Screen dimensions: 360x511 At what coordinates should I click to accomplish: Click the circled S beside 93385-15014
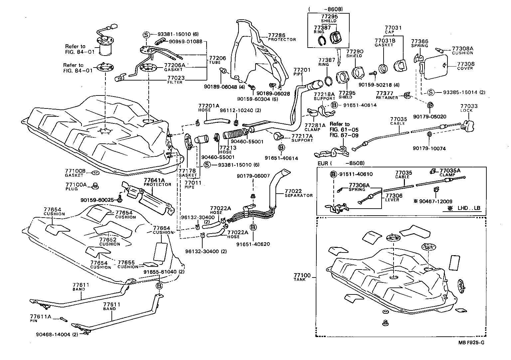[430, 92]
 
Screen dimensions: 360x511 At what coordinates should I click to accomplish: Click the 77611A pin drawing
[64, 319]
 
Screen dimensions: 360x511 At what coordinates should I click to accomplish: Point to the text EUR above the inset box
[323, 163]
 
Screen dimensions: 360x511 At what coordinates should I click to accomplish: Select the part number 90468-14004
[53, 334]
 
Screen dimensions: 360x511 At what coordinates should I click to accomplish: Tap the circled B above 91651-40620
[253, 227]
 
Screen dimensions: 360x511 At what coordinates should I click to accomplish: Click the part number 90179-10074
[429, 148]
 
